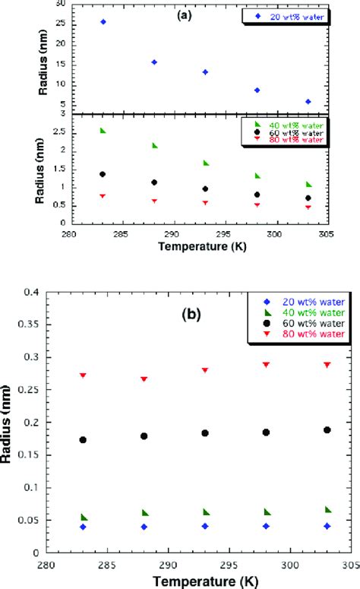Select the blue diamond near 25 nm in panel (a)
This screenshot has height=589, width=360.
click(103, 22)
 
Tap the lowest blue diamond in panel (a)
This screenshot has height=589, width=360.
click(308, 101)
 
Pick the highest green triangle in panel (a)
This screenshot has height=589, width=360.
click(103, 131)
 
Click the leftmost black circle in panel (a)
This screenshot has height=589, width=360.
click(103, 174)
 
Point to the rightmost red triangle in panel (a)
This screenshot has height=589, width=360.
click(308, 207)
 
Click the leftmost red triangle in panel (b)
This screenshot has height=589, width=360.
click(83, 375)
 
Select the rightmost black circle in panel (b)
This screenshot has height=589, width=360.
click(327, 429)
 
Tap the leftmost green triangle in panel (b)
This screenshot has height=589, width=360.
click(84, 517)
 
